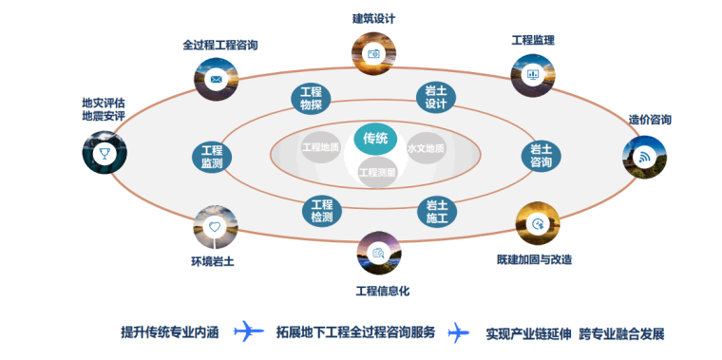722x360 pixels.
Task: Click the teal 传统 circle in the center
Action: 375,139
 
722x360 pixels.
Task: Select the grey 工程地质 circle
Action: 320,147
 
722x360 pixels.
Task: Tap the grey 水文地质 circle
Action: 426,148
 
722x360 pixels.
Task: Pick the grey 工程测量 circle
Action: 376,172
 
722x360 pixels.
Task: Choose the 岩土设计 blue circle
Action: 436,98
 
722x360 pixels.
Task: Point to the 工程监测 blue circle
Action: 212,157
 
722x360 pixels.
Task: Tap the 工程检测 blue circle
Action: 322,211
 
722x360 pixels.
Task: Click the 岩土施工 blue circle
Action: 437,211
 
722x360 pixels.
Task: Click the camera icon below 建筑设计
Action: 373,54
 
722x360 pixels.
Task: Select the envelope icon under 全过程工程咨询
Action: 216,77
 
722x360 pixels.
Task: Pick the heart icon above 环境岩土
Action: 215,227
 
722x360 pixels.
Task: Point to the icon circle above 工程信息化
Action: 378,253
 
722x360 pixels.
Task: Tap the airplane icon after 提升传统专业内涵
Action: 249,332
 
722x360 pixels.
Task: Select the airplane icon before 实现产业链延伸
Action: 459,332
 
